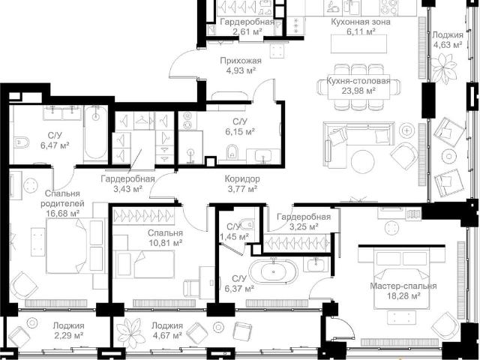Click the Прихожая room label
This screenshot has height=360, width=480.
[241, 61]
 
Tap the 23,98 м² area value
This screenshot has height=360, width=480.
[358, 91]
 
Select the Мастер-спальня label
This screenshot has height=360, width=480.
[403, 286]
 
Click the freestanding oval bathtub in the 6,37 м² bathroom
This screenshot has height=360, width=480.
[273, 271]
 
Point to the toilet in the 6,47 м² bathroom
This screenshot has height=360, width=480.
[22, 142]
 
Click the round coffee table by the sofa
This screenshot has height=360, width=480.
[363, 161]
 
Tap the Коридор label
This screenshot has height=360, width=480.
[242, 178]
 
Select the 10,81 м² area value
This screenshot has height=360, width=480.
[165, 243]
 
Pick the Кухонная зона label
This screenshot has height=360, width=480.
[361, 22]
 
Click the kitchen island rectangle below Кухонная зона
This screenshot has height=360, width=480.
[358, 43]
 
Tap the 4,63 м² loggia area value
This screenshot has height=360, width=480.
[448, 45]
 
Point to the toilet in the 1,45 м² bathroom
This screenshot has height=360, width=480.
[247, 224]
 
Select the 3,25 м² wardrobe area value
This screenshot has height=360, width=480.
[304, 226]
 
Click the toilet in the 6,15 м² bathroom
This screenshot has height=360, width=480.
[233, 151]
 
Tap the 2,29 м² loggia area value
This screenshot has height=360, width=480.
[69, 336]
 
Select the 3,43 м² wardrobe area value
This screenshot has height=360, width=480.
[128, 189]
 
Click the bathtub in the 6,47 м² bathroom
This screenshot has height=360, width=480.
[95, 133]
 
